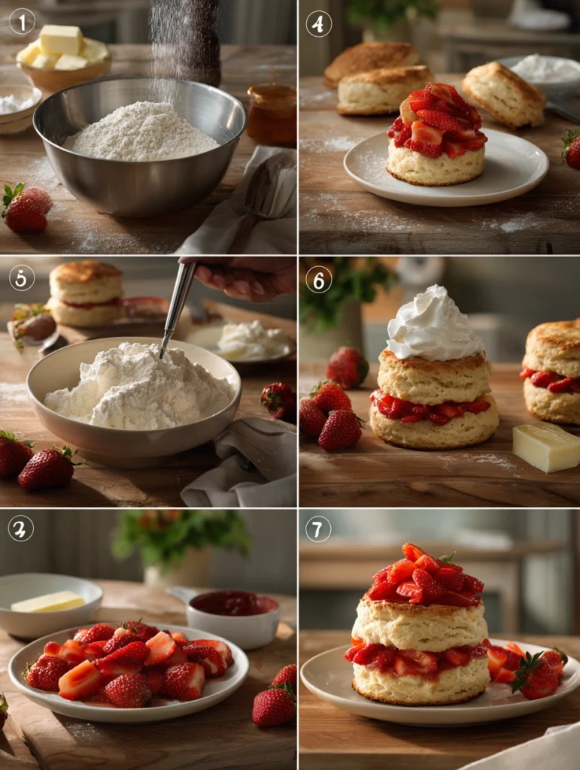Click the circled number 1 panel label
click(x=22, y=21)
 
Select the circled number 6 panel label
click(x=318, y=279)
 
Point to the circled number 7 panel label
click(x=318, y=529)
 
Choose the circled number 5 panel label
click(x=22, y=277)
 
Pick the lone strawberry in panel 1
click(x=26, y=208)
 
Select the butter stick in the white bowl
click(x=48, y=602)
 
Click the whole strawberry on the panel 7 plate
click(x=536, y=676)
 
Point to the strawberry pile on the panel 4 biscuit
click(x=436, y=120)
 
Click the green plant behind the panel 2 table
click(x=181, y=534)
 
